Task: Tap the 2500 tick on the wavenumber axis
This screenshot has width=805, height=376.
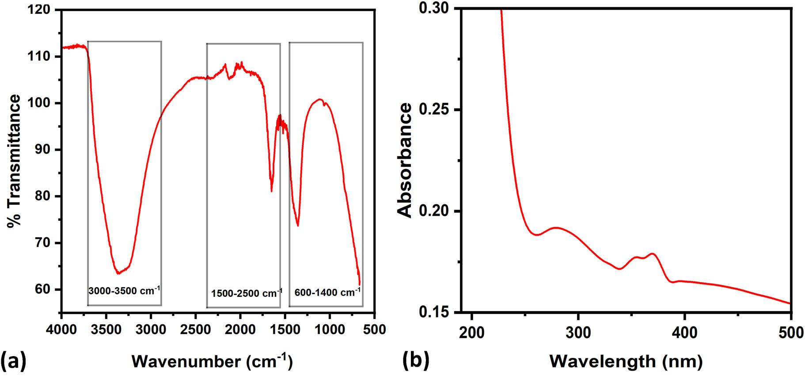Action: pos(195,330)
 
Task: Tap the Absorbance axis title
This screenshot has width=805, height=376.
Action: pos(405,160)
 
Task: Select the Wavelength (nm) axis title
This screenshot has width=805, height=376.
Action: pos(626,361)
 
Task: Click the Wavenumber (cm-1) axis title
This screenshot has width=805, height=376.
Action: pos(212,361)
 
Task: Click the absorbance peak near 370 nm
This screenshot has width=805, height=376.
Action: pos(652,254)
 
